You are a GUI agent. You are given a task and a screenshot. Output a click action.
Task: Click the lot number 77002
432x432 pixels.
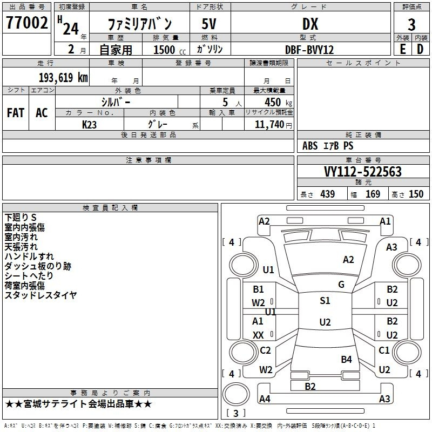click(27, 23)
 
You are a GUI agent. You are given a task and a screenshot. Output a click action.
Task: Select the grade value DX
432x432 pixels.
click(310, 24)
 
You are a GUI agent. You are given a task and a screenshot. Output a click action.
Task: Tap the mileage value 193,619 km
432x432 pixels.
click(63, 78)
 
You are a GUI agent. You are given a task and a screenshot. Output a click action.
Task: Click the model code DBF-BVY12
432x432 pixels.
click(309, 50)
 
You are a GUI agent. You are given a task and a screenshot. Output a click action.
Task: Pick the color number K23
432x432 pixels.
click(89, 124)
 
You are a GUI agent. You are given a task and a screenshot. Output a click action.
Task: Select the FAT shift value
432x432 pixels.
click(15, 112)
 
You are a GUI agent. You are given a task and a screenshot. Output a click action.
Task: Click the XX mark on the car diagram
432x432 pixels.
click(259, 335)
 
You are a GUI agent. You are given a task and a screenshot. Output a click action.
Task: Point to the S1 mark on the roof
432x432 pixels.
click(325, 301)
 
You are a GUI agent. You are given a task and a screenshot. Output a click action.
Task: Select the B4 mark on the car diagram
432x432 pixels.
click(346, 359)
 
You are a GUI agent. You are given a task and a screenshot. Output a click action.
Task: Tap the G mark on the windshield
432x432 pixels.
click(341, 285)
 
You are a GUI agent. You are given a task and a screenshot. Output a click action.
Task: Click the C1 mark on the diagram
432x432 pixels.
click(384, 350)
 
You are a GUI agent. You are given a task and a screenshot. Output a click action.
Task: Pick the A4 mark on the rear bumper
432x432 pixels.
click(265, 399)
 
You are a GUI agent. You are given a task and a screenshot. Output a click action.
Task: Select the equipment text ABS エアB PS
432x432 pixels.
click(328, 146)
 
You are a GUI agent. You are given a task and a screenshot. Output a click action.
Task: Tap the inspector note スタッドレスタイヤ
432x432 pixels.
click(40, 295)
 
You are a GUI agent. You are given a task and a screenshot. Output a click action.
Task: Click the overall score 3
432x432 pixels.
click(411, 24)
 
